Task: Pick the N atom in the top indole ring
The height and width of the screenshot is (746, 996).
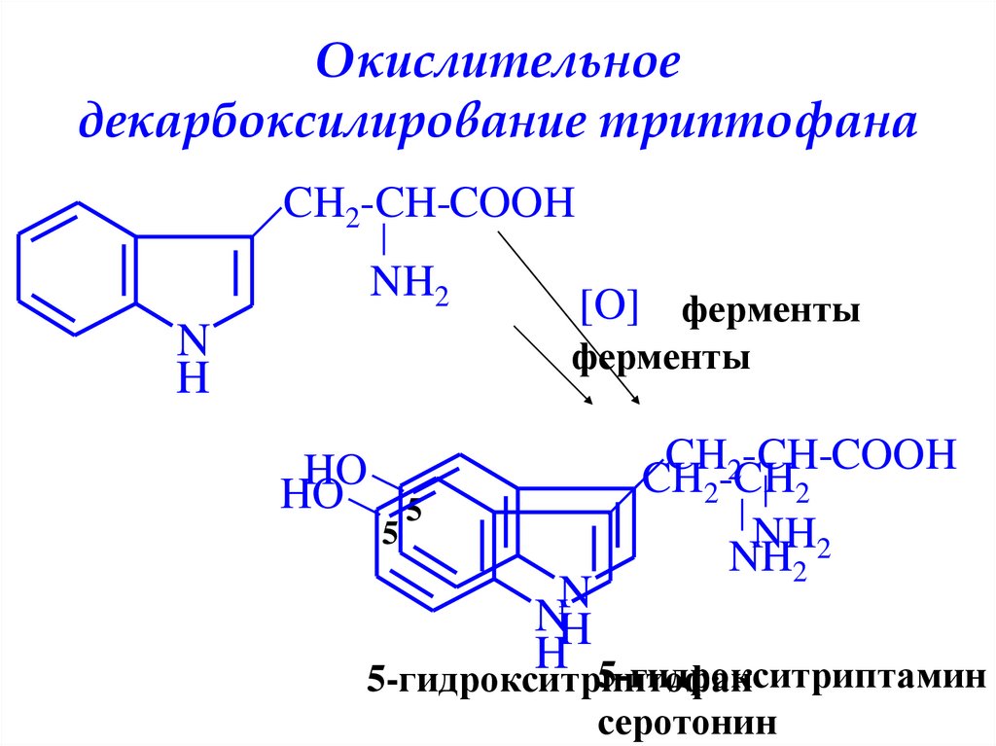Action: tap(194, 340)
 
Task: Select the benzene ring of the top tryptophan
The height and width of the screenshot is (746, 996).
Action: tap(75, 268)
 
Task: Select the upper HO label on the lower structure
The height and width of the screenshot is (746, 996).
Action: tap(335, 469)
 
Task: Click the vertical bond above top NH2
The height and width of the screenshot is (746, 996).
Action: tap(386, 238)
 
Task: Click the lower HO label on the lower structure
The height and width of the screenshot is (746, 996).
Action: tap(311, 496)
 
